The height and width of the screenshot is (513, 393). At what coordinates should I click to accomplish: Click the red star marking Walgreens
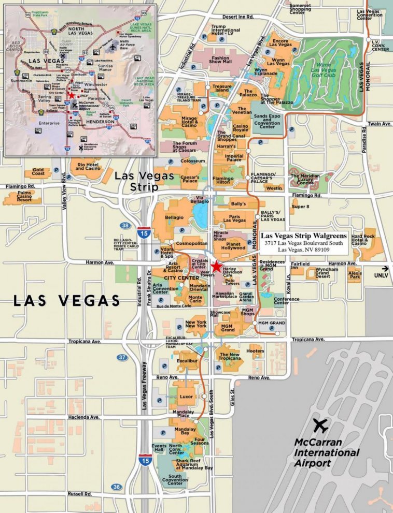(x=216, y=265)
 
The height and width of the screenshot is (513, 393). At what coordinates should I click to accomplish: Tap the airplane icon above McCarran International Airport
(x=320, y=426)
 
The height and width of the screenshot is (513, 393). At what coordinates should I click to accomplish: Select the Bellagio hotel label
(x=174, y=218)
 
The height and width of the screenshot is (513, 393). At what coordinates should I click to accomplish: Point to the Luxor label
(x=186, y=397)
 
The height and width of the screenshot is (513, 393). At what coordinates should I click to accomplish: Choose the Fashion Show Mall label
(x=220, y=61)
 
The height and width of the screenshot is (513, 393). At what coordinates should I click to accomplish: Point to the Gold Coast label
(x=38, y=172)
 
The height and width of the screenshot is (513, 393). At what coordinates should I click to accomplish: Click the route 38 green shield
(x=125, y=226)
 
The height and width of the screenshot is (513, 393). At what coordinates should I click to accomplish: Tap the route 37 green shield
(x=122, y=357)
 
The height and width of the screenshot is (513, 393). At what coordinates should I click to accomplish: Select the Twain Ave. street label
(x=380, y=124)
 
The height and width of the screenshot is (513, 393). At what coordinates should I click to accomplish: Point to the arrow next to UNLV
(x=385, y=268)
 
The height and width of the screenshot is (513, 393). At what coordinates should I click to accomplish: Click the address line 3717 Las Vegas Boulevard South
(x=303, y=243)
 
